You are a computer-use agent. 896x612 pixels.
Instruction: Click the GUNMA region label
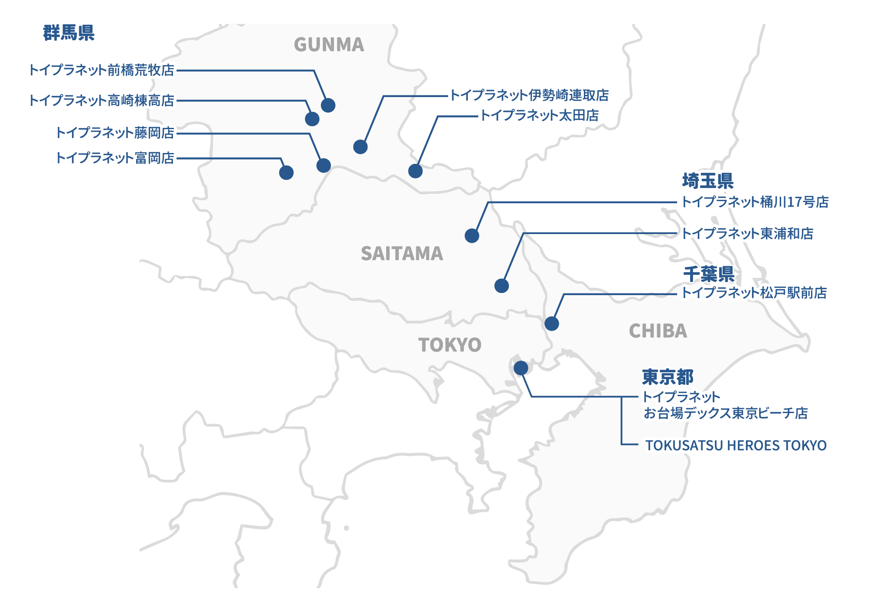pyautogui.click(x=329, y=45)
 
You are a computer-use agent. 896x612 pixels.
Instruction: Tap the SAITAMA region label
pyautogui.click(x=402, y=254)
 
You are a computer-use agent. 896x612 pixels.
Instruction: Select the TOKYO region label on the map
pyautogui.click(x=450, y=345)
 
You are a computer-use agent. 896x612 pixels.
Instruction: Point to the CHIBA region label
pyautogui.click(x=658, y=331)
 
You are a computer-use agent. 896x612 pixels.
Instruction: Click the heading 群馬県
pyautogui.click(x=68, y=33)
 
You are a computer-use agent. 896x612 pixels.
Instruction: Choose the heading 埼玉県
pyautogui.click(x=707, y=181)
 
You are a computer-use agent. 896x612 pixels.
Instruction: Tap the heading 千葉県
pyautogui.click(x=708, y=274)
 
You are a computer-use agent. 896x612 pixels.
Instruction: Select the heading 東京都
pyautogui.click(x=668, y=377)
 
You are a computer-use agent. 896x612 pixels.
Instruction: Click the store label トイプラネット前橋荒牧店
pyautogui.click(x=101, y=70)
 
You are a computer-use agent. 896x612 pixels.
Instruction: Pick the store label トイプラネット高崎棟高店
pyautogui.click(x=101, y=101)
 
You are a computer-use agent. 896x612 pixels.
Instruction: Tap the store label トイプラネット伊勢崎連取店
pyautogui.click(x=529, y=95)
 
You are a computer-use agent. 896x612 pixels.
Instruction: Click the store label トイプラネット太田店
pyautogui.click(x=539, y=116)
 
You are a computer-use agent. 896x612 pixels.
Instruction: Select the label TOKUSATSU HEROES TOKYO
pyautogui.click(x=736, y=446)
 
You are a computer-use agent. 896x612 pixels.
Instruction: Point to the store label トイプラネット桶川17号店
pyautogui.click(x=755, y=202)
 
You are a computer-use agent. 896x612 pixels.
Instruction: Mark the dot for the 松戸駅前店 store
pyautogui.click(x=551, y=323)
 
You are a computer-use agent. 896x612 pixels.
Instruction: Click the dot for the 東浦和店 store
pyautogui.click(x=502, y=286)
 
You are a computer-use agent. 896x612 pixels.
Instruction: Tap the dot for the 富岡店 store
pyautogui.click(x=286, y=173)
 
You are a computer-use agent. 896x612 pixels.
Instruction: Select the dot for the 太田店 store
pyautogui.click(x=415, y=171)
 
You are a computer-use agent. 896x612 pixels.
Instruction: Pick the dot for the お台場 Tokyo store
pyautogui.click(x=521, y=368)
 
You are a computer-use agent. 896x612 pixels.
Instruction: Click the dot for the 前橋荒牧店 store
pyautogui.click(x=328, y=105)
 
